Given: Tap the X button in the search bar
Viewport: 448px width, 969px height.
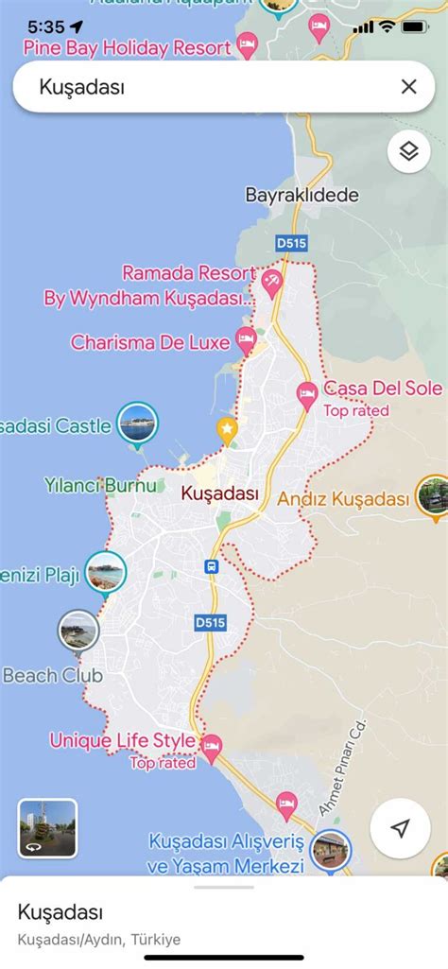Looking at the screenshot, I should tap(408, 87).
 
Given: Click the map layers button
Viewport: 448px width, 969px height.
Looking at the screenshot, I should tap(408, 151).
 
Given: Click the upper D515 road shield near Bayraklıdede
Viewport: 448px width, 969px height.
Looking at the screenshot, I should tap(292, 243).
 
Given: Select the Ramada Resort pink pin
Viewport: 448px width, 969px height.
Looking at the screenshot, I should tap(272, 280).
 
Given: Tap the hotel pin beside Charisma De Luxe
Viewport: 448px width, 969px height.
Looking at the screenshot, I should tap(246, 337).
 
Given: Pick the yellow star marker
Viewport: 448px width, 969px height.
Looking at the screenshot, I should tap(227, 429).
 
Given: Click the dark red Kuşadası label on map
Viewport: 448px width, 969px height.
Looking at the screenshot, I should tap(219, 493).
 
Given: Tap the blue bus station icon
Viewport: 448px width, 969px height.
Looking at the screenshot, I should tap(213, 566).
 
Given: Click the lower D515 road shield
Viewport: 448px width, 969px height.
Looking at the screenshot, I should tap(210, 623).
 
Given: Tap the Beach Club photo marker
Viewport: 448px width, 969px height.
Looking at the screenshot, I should tap(77, 631).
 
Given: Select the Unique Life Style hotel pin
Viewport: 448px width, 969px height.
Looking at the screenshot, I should tap(212, 747).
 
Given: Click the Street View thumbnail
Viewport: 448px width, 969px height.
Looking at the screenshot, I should tap(47, 828).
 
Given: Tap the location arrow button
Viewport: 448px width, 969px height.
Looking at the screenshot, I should tap(401, 829).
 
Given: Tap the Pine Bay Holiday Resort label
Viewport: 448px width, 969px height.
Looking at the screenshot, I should tap(127, 46).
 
